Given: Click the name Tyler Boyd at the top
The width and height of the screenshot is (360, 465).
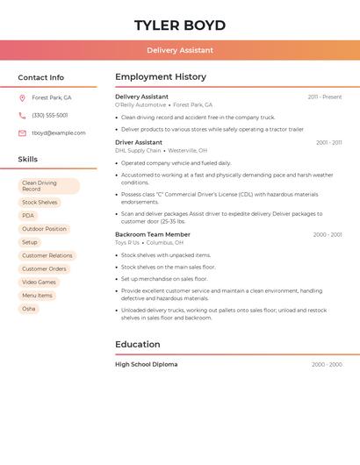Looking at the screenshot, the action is click(x=180, y=25).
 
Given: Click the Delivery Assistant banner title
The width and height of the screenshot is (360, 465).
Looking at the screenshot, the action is click(x=180, y=50).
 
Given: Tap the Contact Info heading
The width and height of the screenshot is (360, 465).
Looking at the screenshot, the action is click(x=41, y=77).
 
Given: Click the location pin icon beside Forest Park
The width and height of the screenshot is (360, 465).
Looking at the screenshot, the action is click(x=22, y=97).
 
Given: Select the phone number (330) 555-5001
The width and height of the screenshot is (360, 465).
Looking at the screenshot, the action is click(x=50, y=115).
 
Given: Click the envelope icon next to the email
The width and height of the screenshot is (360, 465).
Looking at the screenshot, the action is click(x=22, y=133).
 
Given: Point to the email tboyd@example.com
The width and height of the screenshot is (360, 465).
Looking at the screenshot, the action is click(x=59, y=133).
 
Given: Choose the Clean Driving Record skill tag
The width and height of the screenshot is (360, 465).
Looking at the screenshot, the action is click(x=48, y=186).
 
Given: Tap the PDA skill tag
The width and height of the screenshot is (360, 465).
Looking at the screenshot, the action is click(x=28, y=215).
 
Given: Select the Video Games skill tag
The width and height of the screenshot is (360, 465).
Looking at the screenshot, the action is click(x=39, y=282).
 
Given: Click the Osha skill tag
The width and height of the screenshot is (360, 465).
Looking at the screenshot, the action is click(x=29, y=309).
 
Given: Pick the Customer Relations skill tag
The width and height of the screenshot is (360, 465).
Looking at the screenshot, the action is click(x=47, y=255).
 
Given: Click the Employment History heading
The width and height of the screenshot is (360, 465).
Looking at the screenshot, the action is click(x=161, y=77).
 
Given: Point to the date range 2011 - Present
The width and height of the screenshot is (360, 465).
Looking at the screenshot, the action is click(x=324, y=97).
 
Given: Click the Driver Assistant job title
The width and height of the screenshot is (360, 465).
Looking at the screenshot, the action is click(x=139, y=142).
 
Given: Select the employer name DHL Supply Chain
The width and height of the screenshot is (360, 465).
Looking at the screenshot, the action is click(x=139, y=150).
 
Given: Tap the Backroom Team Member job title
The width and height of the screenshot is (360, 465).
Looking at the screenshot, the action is click(x=153, y=234).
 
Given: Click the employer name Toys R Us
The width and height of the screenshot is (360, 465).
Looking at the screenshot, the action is click(x=127, y=242).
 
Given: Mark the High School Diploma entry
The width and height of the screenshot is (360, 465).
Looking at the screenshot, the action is click(x=146, y=364).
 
